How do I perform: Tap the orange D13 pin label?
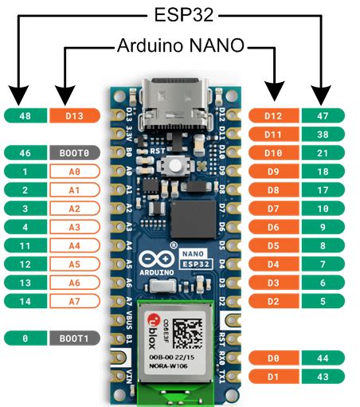74,116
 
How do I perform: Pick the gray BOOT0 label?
74,151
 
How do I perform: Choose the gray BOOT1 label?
74,338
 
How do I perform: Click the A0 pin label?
74,170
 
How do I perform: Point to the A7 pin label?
74,300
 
